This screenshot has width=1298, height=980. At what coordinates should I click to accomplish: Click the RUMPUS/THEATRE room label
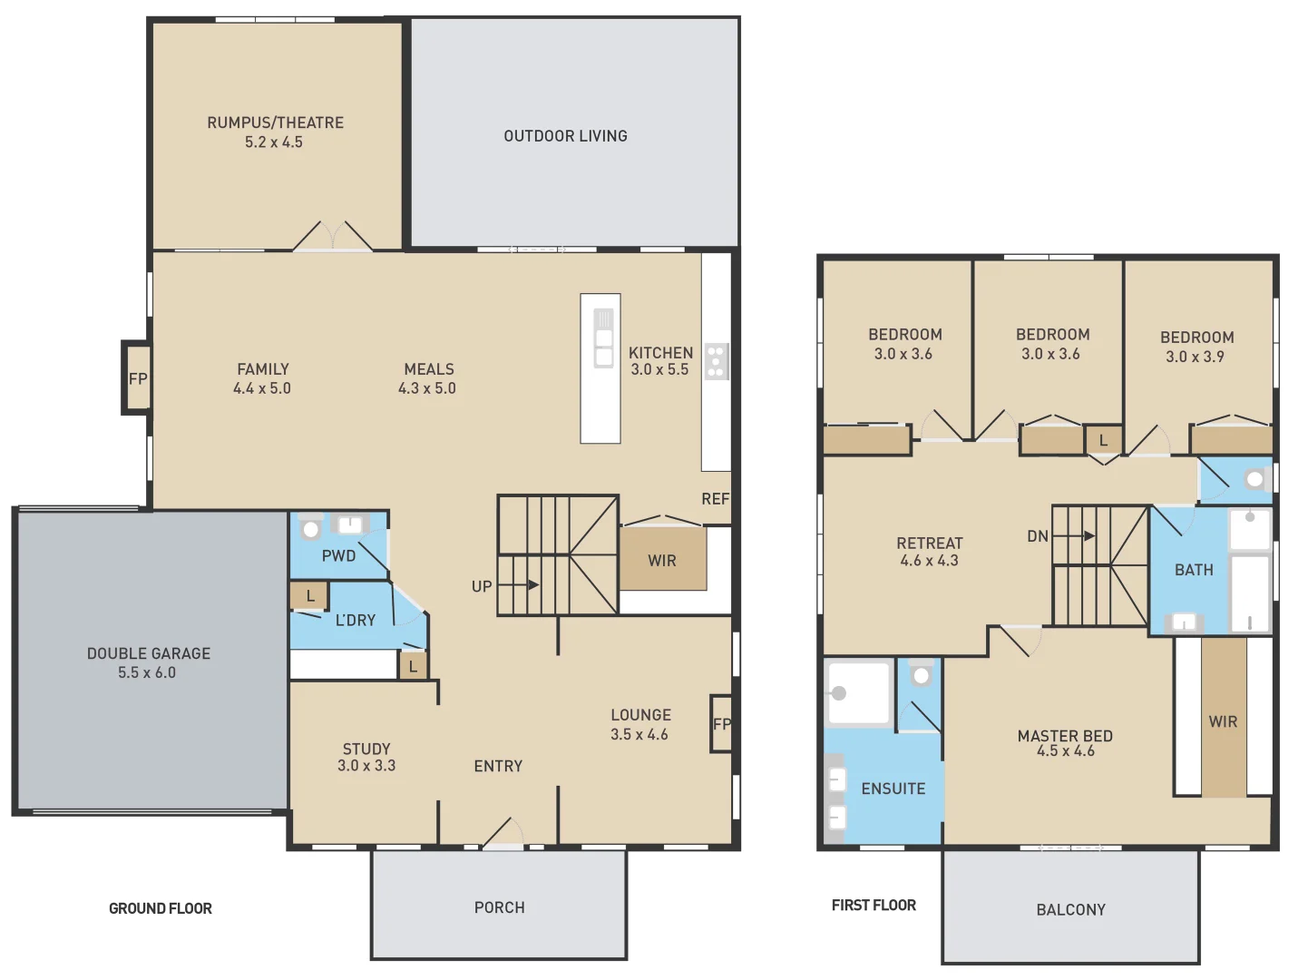coord(275,122)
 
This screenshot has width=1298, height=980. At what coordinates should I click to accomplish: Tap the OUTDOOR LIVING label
coord(565,136)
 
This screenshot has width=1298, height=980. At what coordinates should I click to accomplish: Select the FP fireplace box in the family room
coord(137,378)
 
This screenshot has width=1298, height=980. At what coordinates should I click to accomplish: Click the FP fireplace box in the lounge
coord(721,724)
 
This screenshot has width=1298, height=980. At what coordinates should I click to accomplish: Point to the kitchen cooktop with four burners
coord(717,361)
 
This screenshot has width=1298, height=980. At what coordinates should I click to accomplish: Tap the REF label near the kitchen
coord(715,499)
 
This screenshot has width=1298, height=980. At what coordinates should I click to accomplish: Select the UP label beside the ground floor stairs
coord(482,586)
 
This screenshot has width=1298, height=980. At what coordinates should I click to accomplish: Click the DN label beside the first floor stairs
coord(1038,536)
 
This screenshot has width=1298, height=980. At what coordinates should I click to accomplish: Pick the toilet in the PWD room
coord(311,528)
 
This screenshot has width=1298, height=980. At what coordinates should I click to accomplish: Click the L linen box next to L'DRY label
coord(310,596)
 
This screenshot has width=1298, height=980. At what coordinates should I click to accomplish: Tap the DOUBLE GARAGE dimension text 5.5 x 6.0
coord(147,672)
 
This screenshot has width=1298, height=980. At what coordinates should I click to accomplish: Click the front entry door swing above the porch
coord(503,833)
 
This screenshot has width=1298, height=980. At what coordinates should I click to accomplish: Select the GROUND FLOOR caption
coord(161,908)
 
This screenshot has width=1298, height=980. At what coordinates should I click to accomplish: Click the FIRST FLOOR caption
coord(873,905)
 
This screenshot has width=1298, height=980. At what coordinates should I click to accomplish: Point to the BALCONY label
coord(1070,909)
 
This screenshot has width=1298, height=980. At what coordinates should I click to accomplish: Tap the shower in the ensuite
coord(857,693)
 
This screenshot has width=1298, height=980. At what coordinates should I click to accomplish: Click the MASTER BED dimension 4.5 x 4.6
coord(1066,751)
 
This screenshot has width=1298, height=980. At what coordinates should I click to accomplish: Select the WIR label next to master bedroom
coord(1223,721)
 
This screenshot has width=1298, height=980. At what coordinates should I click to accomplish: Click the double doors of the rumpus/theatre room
coord(333,236)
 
